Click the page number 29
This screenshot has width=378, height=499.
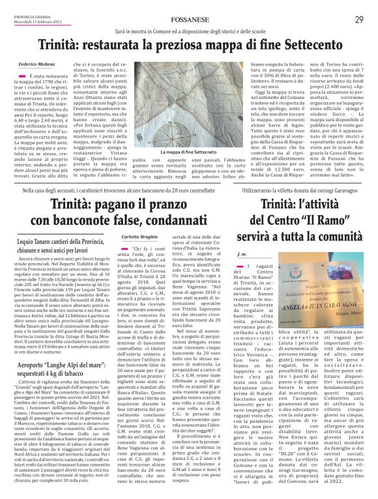point(359,19)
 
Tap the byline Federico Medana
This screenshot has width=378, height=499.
point(36,65)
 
